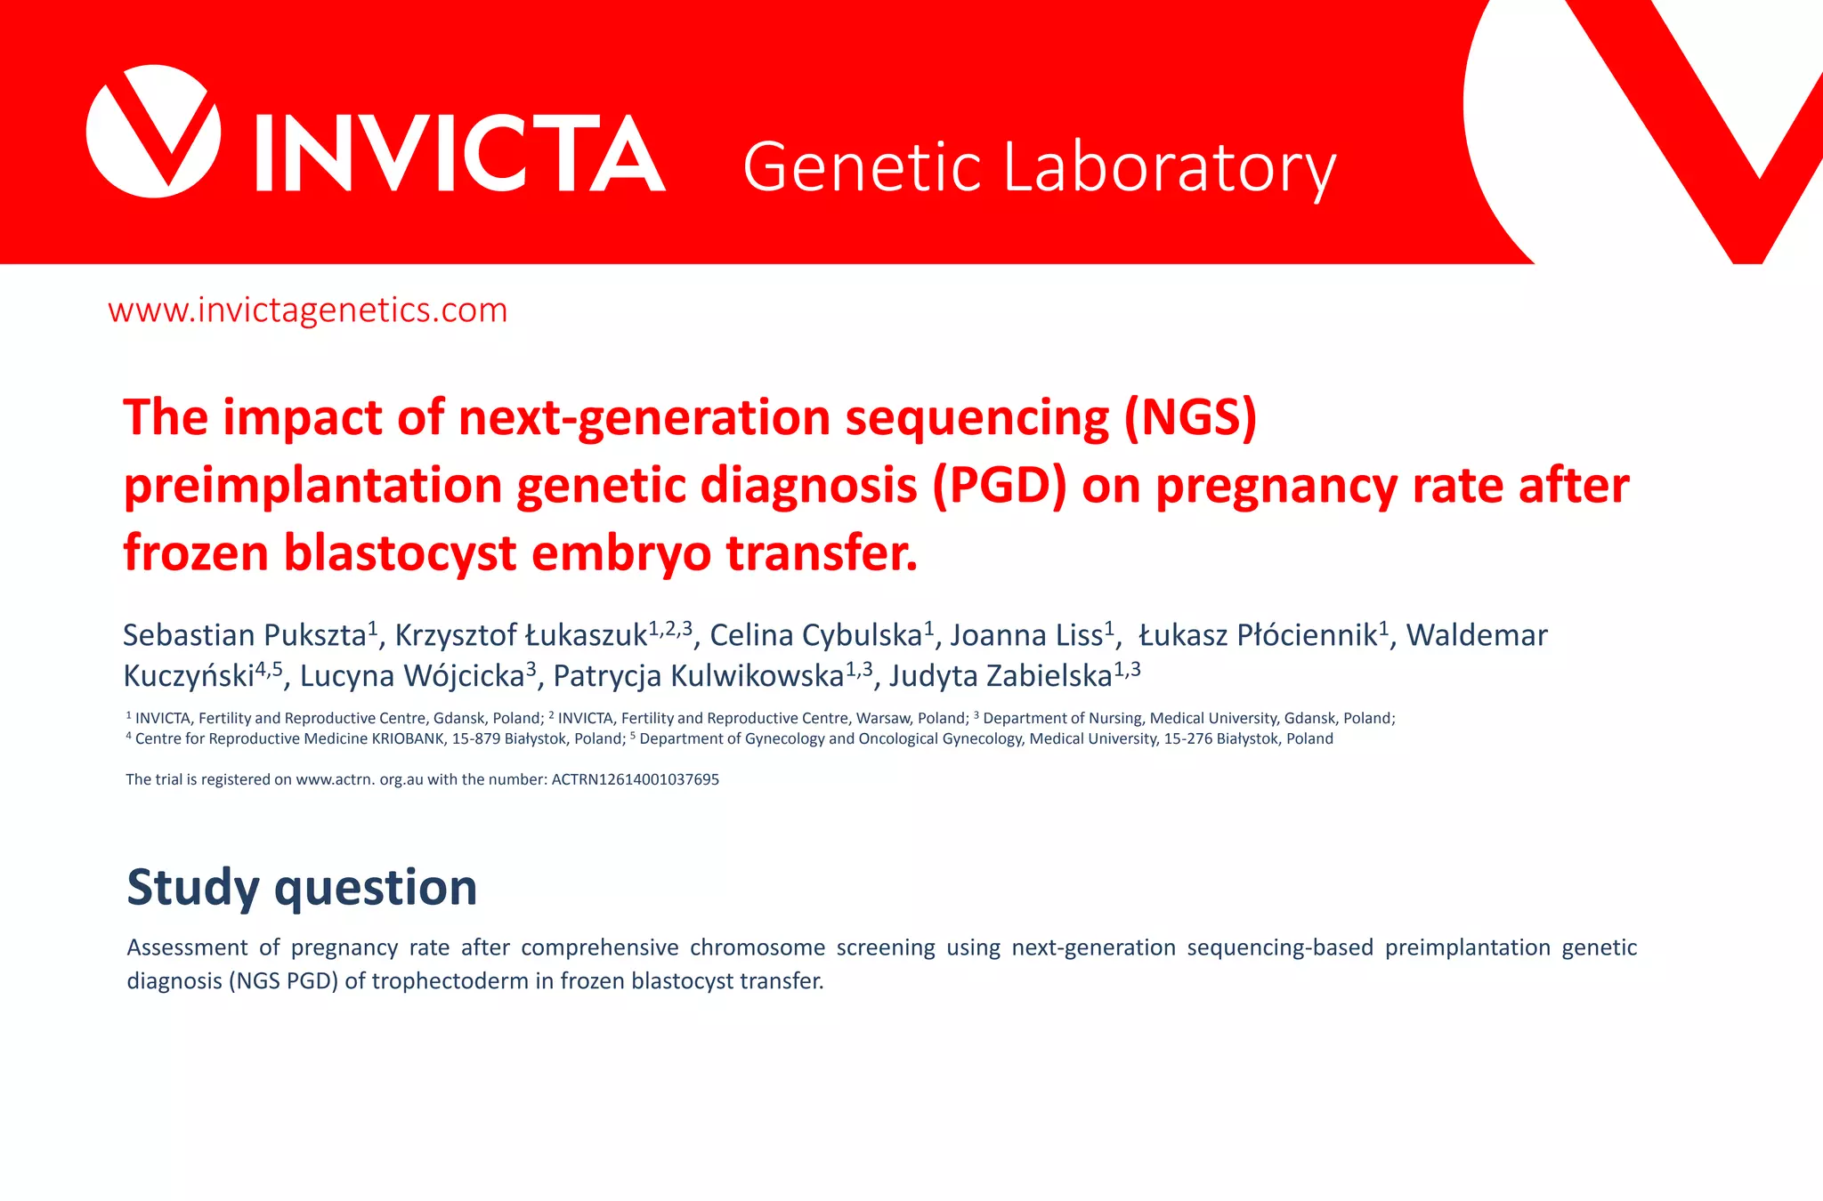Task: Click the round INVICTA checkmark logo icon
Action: point(153,132)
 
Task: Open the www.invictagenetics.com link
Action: point(307,310)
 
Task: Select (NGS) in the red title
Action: point(1190,417)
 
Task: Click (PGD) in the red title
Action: point(999,486)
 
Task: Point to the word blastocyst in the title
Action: point(399,552)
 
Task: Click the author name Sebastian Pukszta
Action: point(245,635)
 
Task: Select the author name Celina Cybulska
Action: point(815,635)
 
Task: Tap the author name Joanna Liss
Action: point(1026,635)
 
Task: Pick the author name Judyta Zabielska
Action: point(1001,676)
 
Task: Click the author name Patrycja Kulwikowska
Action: point(698,676)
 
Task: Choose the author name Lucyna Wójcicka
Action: point(411,676)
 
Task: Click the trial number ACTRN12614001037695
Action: point(635,779)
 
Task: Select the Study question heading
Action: point(302,887)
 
